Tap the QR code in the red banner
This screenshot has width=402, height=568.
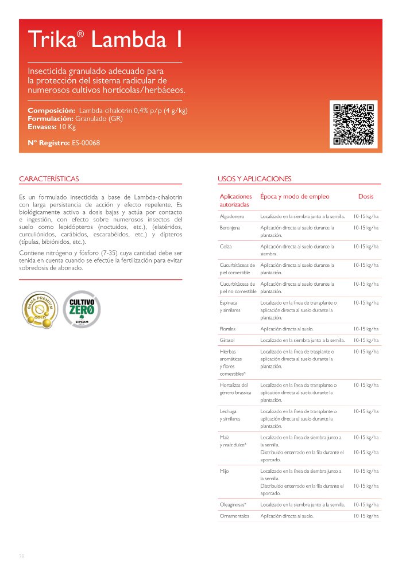pos(354,123)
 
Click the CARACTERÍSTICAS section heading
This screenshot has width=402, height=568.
pos(49,179)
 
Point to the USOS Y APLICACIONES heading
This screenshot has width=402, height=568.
pos(254,179)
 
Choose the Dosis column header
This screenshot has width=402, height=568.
pos(365,196)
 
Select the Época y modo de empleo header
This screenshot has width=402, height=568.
pos(295,196)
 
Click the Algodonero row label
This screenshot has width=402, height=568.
pos(232,216)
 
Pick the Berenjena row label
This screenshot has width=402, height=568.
pos(230,228)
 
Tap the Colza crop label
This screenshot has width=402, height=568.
pos(226,246)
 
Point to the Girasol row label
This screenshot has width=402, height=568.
pos(227,340)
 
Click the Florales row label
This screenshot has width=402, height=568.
pos(228,329)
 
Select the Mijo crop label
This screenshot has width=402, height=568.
pos(225,471)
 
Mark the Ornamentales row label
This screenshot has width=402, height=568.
pos(234,516)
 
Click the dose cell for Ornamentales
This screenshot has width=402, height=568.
pos(366,516)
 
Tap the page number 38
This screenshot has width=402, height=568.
pos(22,556)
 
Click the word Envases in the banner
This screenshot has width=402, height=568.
pos(42,126)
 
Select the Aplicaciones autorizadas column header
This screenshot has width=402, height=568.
pos(235,200)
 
